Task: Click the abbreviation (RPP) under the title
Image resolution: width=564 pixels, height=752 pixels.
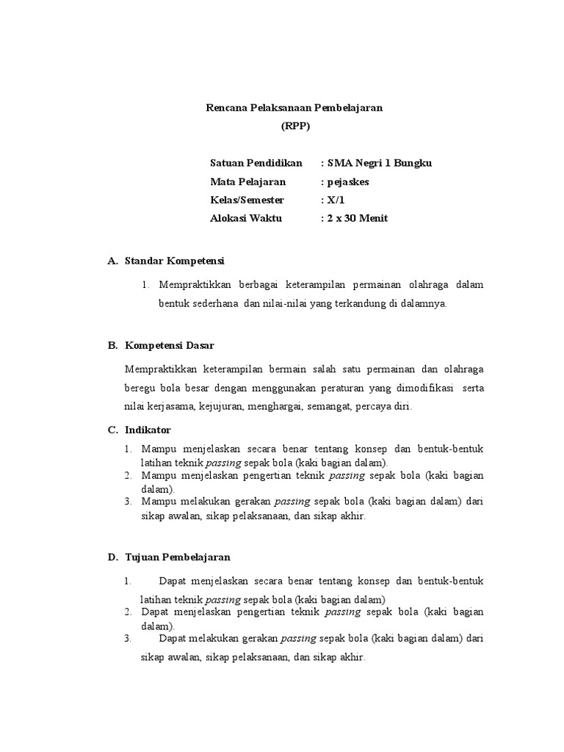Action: click(x=296, y=126)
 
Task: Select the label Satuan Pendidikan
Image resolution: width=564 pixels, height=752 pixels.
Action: click(x=253, y=163)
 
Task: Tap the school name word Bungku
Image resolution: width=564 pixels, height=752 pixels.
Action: click(x=413, y=163)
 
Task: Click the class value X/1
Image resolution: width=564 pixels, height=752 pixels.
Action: click(x=337, y=200)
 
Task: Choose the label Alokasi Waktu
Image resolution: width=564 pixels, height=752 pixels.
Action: click(x=246, y=218)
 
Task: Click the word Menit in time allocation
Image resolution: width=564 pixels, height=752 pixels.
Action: click(x=373, y=218)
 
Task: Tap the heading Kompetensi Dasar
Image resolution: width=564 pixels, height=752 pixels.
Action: click(x=170, y=344)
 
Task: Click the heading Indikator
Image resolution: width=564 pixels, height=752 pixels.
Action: click(x=148, y=430)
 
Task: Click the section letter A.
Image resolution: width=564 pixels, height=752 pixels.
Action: click(x=112, y=261)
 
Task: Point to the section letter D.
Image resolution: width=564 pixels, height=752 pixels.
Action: click(x=112, y=557)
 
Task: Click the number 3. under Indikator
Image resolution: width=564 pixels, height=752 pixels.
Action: click(x=128, y=502)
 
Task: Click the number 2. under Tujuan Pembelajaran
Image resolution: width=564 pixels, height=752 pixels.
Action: click(x=128, y=612)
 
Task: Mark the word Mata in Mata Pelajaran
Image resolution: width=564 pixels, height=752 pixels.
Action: click(x=223, y=181)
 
